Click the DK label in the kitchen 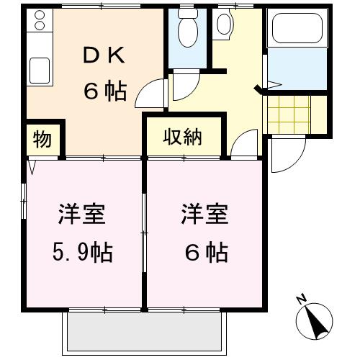pyautogui.click(x=104, y=55)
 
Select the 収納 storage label pyautogui.click(x=183, y=138)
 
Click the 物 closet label pyautogui.click(x=42, y=140)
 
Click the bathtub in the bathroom pyautogui.click(x=297, y=28)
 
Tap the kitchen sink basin pyautogui.click(x=40, y=71)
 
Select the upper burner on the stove pyautogui.click(x=40, y=15)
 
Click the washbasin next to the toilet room pyautogui.click(x=224, y=24)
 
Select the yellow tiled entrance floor pyautogui.click(x=289, y=114)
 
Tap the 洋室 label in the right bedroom pyautogui.click(x=204, y=214)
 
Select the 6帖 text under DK pyautogui.click(x=105, y=91)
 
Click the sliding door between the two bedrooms pyautogui.click(x=144, y=233)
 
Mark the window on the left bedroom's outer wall pyautogui.click(x=24, y=201)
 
